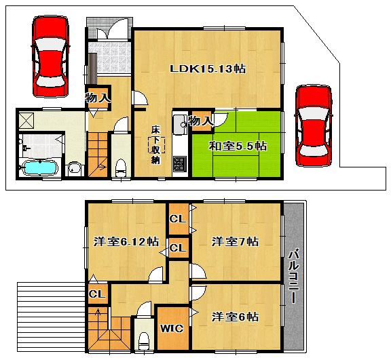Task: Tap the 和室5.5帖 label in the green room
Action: [x=237, y=146]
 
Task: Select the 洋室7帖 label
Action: [x=236, y=241]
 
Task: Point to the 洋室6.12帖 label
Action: [x=126, y=241]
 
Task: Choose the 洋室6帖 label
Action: [x=235, y=317]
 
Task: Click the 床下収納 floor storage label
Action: [x=155, y=146]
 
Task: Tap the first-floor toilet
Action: [x=121, y=167]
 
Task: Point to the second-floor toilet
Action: [x=143, y=340]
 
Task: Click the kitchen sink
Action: [x=181, y=125]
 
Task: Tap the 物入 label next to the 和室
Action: [x=201, y=121]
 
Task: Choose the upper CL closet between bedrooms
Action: [x=178, y=219]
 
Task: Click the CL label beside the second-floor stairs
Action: [x=97, y=294]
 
